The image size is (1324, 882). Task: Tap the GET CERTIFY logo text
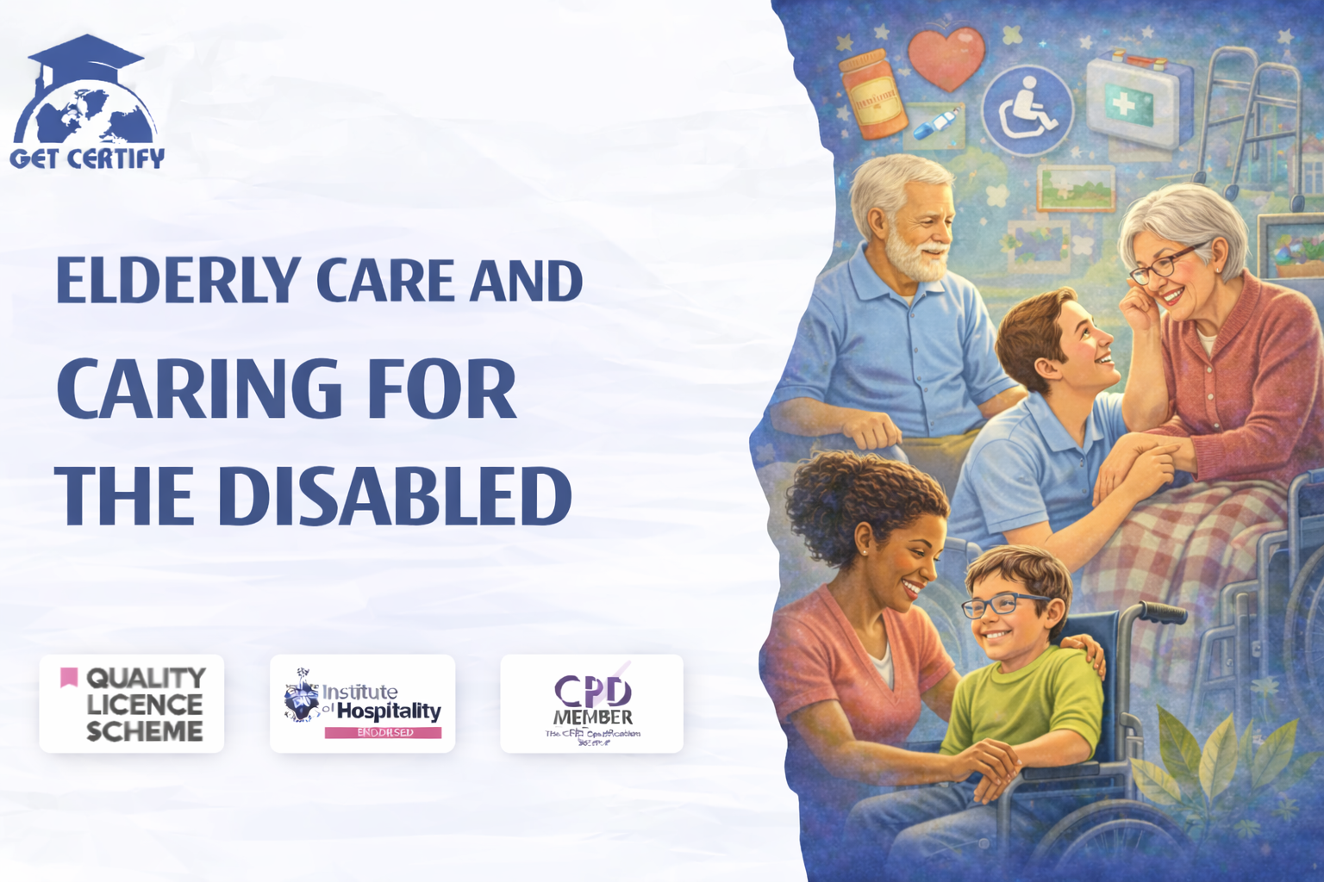point(87,158)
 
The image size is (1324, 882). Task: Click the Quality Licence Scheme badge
point(131,704)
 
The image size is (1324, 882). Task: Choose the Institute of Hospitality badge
point(362,704)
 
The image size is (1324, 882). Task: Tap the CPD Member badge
point(591,704)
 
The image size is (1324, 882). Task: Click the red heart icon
point(946,57)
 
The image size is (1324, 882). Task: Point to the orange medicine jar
point(872,95)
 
